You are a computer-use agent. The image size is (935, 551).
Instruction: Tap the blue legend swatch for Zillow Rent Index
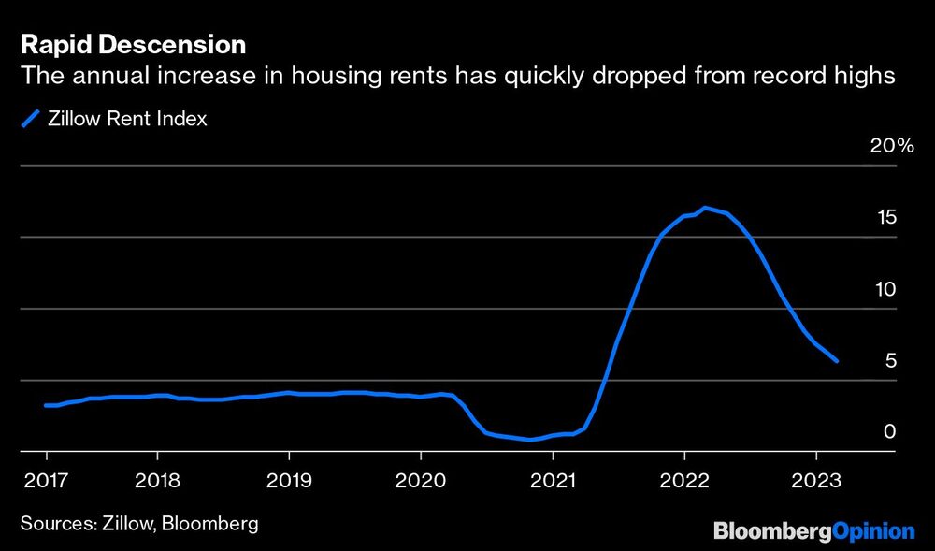tap(31, 119)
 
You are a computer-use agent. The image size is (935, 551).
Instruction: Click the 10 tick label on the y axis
tap(885, 289)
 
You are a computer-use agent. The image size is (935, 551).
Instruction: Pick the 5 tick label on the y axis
tap(891, 361)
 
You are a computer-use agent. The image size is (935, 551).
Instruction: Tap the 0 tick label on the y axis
tap(891, 432)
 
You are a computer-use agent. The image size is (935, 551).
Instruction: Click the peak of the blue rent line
tap(705, 208)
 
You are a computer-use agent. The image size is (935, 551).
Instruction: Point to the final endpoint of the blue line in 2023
tap(836, 360)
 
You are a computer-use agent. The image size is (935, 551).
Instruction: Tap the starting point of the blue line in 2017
tap(46, 405)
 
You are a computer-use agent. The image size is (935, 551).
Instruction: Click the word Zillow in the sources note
tap(125, 523)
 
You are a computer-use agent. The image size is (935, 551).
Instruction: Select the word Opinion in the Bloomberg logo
tap(873, 531)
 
